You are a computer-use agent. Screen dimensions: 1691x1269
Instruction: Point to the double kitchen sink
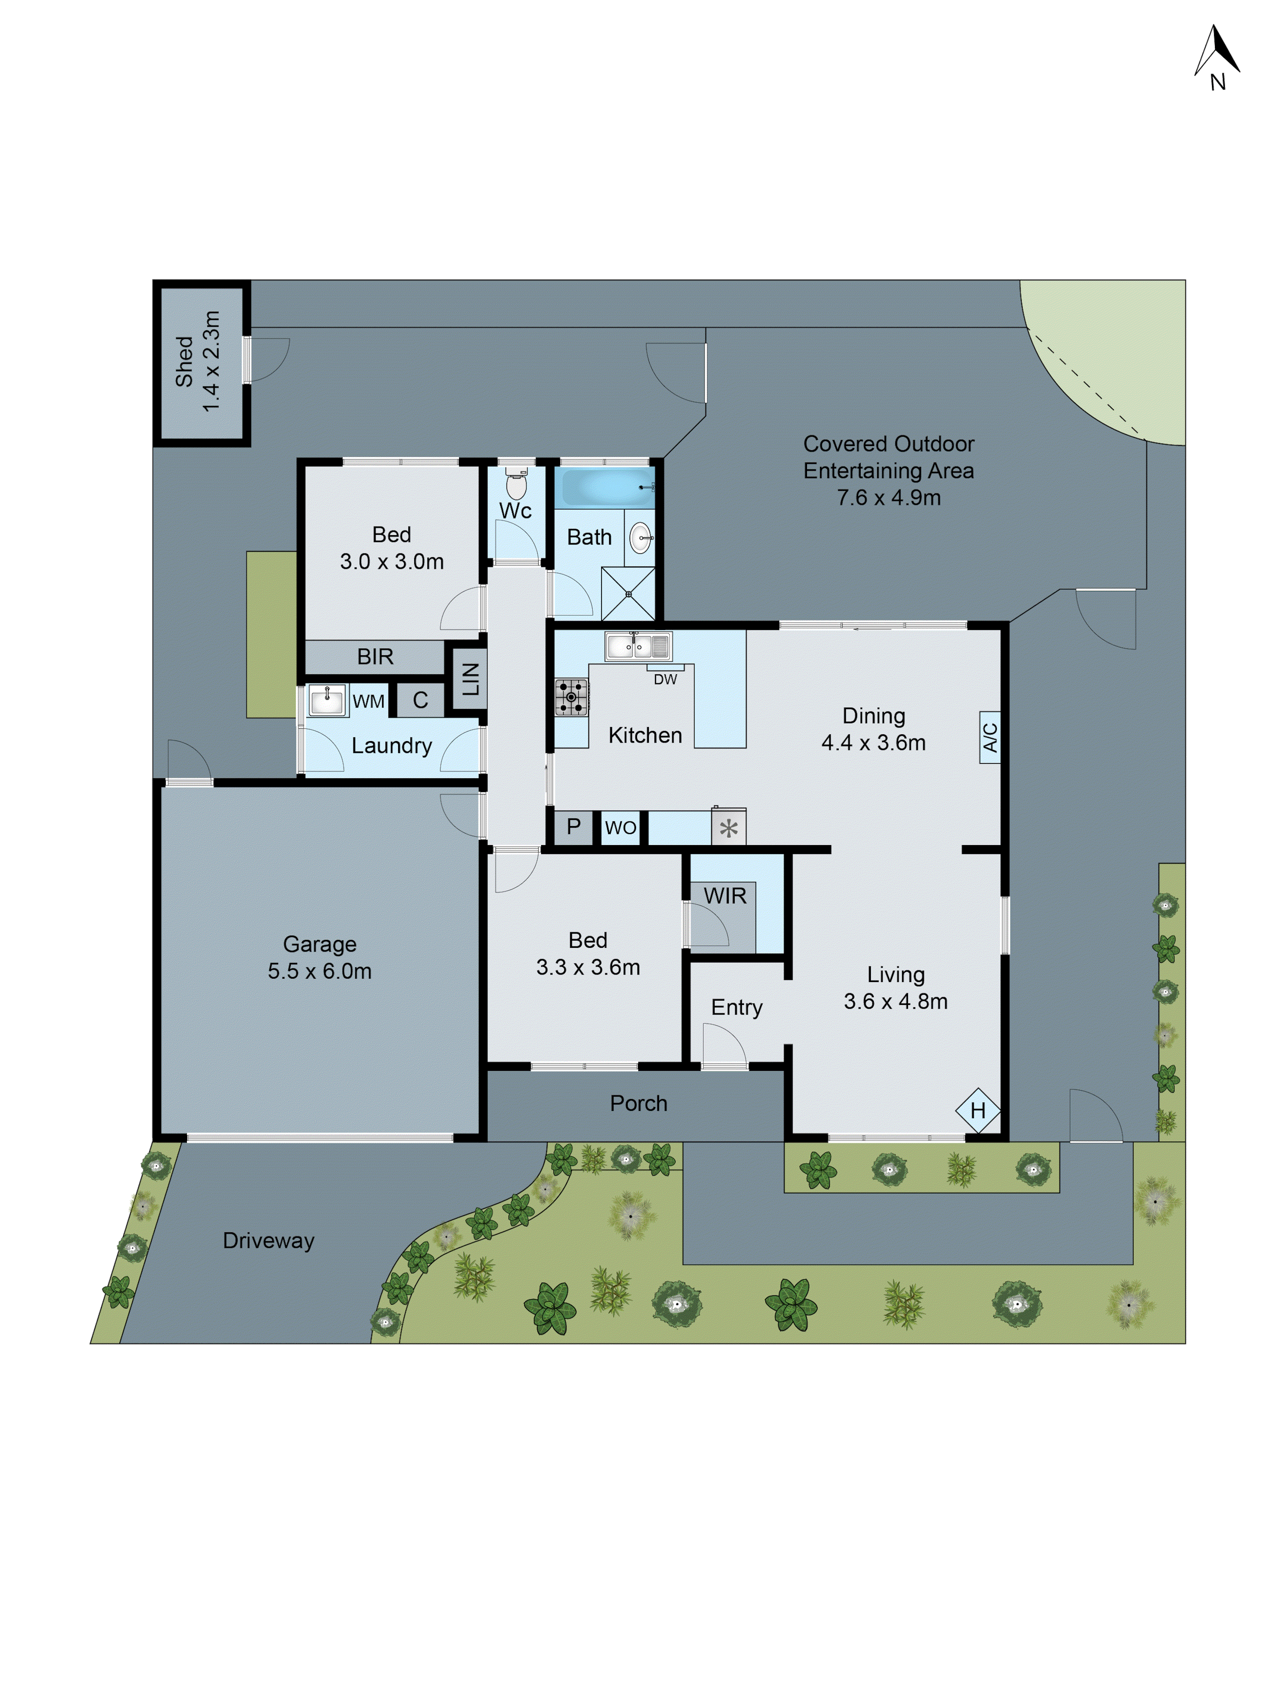coord(637,646)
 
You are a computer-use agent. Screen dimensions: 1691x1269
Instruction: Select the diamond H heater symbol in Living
coord(978,1111)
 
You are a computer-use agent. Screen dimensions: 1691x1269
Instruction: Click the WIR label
coord(725,896)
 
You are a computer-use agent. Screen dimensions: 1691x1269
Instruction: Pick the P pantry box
coord(573,826)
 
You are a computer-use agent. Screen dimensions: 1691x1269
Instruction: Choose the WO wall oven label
coord(620,828)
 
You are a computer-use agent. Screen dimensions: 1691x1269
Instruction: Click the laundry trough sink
coord(327,700)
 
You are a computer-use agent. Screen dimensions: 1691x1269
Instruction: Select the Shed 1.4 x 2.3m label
coord(198,361)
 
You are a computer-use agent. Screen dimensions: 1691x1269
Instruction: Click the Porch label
coord(638,1103)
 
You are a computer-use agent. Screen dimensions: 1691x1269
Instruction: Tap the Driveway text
coord(268,1240)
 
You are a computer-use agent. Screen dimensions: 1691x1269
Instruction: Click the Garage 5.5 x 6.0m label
coord(320,957)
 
